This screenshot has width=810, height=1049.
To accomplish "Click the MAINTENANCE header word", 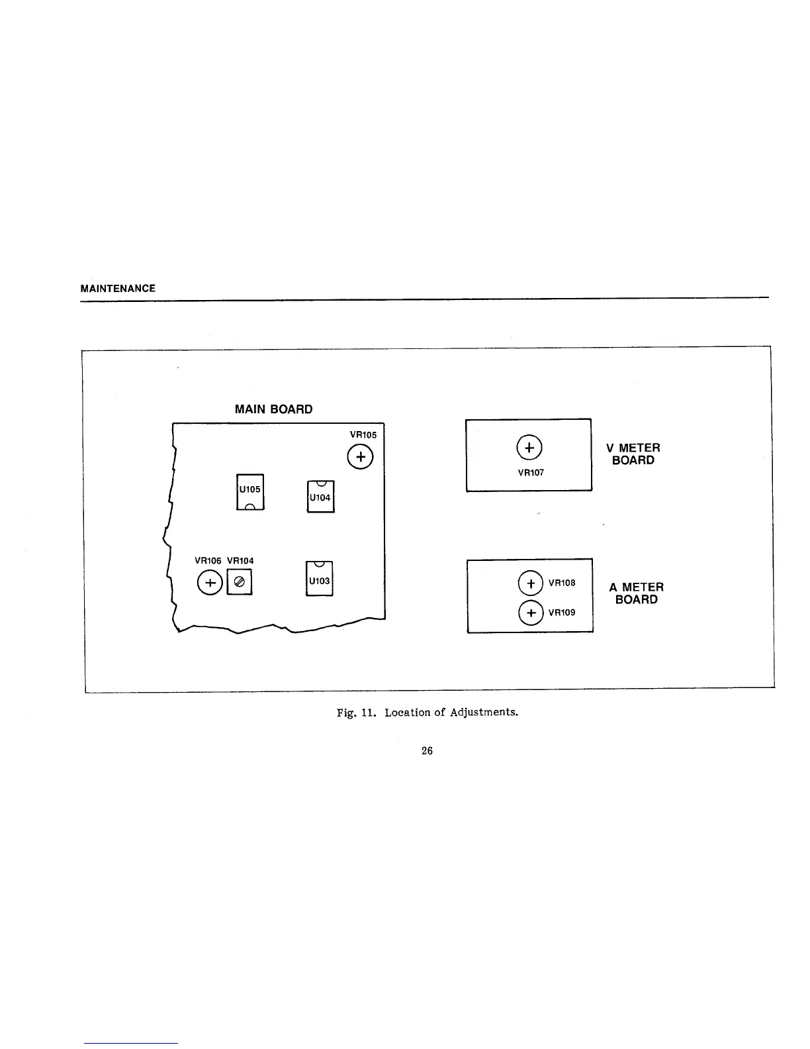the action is pos(118,289).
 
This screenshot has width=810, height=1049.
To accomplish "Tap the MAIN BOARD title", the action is pos(273,409).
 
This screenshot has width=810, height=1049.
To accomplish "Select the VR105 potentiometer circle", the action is pos(360,457).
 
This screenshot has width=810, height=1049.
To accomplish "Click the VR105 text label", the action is pos(363,435).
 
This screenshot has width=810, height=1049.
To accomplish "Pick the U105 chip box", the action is pos(250,492).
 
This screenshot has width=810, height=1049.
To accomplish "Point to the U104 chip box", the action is pos(320,497).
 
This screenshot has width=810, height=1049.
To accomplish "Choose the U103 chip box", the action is pos(320,579).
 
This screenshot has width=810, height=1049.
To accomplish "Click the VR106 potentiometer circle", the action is pos(209,583).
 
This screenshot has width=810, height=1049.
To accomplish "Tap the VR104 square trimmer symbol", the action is pos(240,582).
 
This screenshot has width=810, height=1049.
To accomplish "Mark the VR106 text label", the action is pos(207,561).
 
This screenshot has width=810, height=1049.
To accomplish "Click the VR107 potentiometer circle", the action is pos(529,448).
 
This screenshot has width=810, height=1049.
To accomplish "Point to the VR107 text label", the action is pos(531,473).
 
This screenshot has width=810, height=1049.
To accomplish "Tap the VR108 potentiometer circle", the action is pos(530,583).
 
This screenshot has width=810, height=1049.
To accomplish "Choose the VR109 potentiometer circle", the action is pos(530,613).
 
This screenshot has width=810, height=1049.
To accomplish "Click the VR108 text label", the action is pos(562,583).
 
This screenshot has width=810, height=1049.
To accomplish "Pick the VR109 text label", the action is pos(562,613).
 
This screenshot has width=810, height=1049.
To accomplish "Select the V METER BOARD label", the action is pos(633,454).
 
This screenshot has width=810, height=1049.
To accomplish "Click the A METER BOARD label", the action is pos(636,593).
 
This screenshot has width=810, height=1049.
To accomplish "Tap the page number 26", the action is pos(427,750).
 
